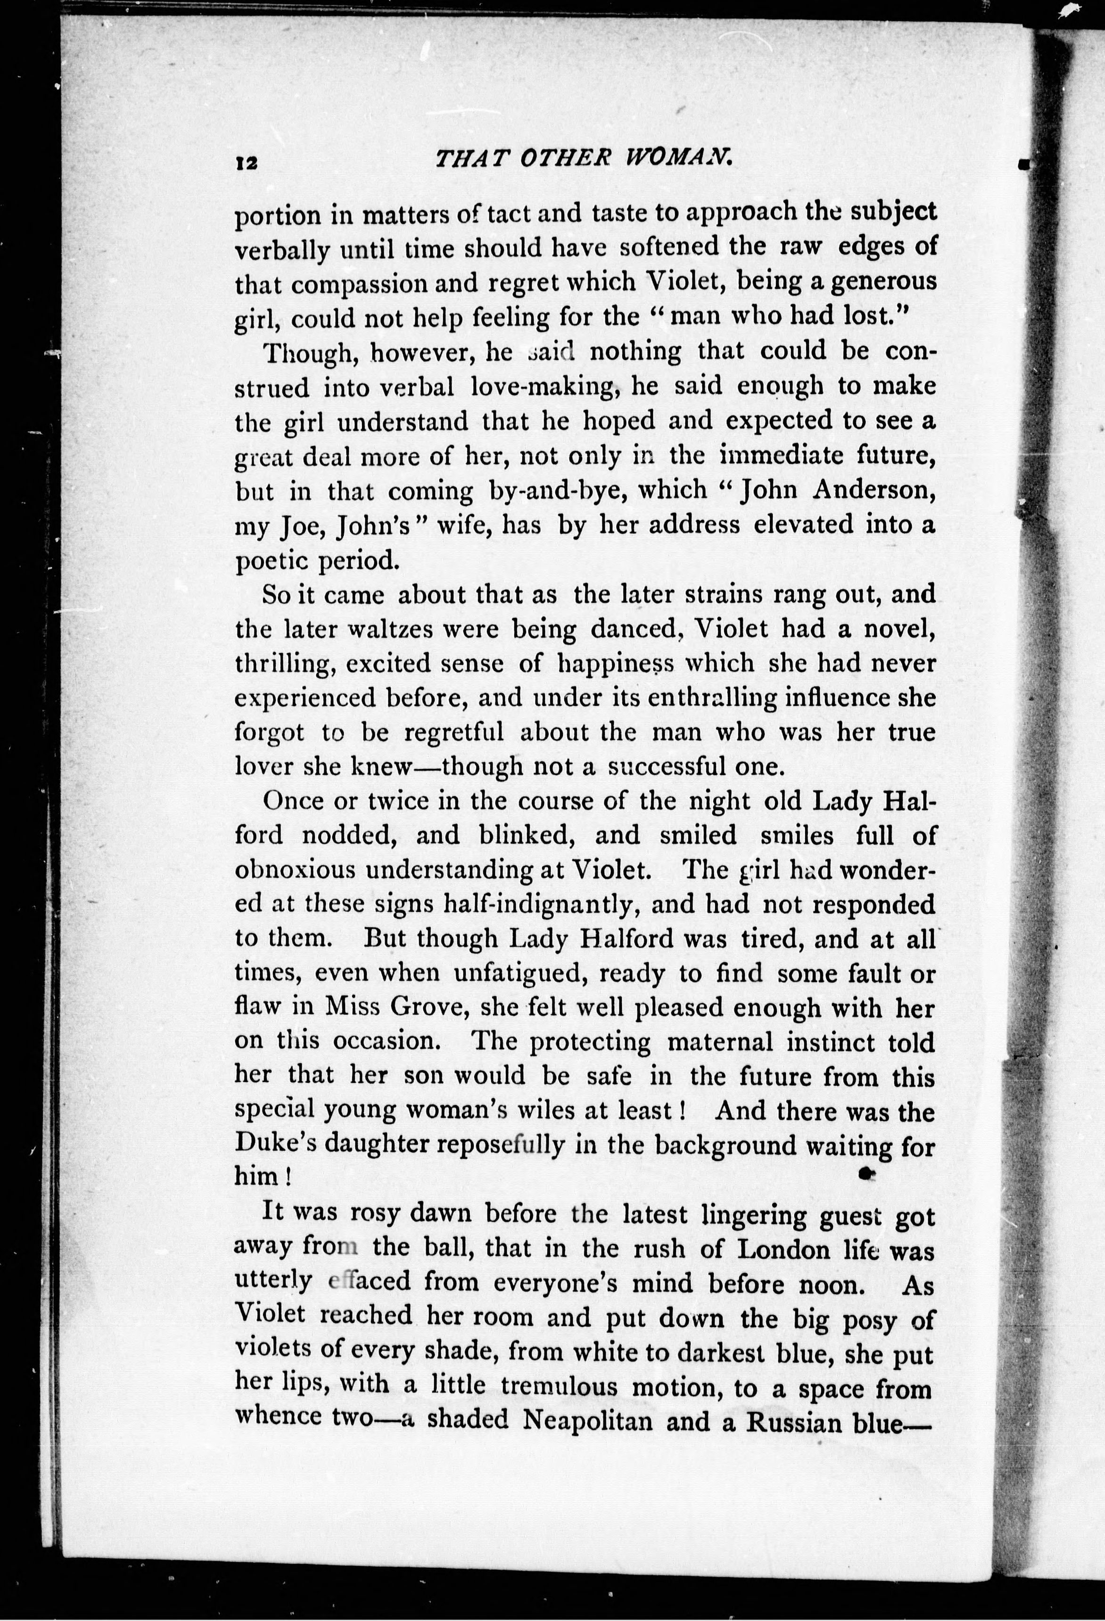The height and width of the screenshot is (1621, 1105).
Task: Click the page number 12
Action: (247, 163)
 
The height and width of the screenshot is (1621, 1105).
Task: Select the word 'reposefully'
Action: (505, 1145)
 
